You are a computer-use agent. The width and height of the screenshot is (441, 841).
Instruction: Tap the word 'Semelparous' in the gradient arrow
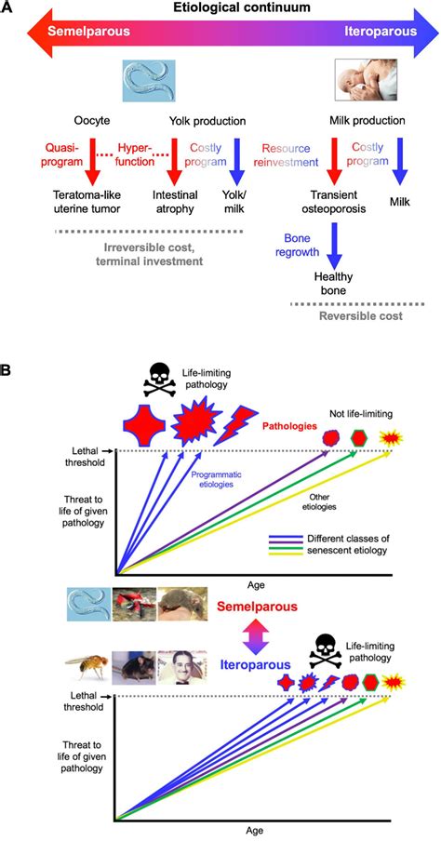coord(89,31)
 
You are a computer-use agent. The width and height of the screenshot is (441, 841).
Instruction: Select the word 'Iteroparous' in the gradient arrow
coord(381,31)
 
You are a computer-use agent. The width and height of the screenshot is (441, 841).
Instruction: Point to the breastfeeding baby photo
coord(366,79)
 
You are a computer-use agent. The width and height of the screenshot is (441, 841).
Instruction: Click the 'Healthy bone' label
coord(335,283)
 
